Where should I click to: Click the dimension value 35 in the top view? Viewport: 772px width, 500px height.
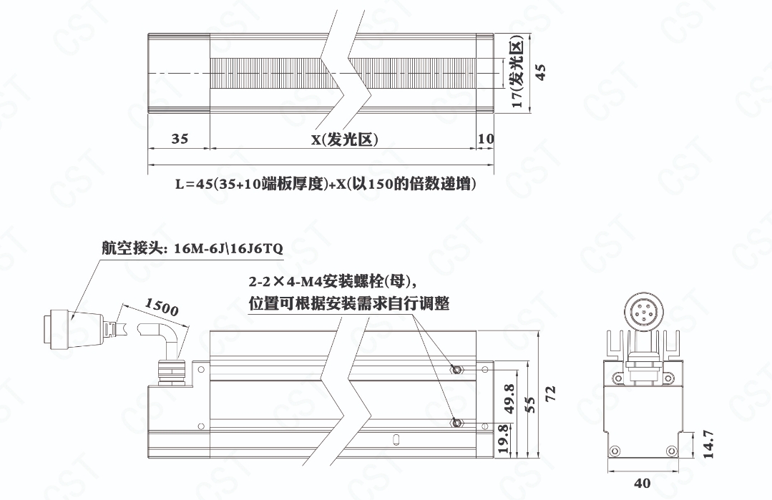[x=180, y=139]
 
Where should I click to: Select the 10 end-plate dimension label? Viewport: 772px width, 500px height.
[x=486, y=139]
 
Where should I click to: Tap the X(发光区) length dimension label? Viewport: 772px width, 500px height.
[x=345, y=139]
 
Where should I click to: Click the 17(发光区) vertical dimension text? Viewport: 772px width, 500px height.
[x=517, y=74]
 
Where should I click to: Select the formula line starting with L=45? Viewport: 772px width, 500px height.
[x=326, y=184]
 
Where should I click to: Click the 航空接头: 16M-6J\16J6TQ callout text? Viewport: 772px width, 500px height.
[x=192, y=248]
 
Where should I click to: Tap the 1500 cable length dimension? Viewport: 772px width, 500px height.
[x=162, y=307]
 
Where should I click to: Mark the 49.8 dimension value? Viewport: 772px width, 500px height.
[x=509, y=398]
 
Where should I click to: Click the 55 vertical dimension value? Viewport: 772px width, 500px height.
[x=530, y=405]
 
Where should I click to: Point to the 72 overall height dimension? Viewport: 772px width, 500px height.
[x=550, y=393]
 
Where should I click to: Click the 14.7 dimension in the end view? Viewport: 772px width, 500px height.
[x=708, y=444]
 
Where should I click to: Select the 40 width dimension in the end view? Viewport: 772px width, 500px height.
[x=642, y=484]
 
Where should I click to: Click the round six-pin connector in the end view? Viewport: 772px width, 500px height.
[x=645, y=311]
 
